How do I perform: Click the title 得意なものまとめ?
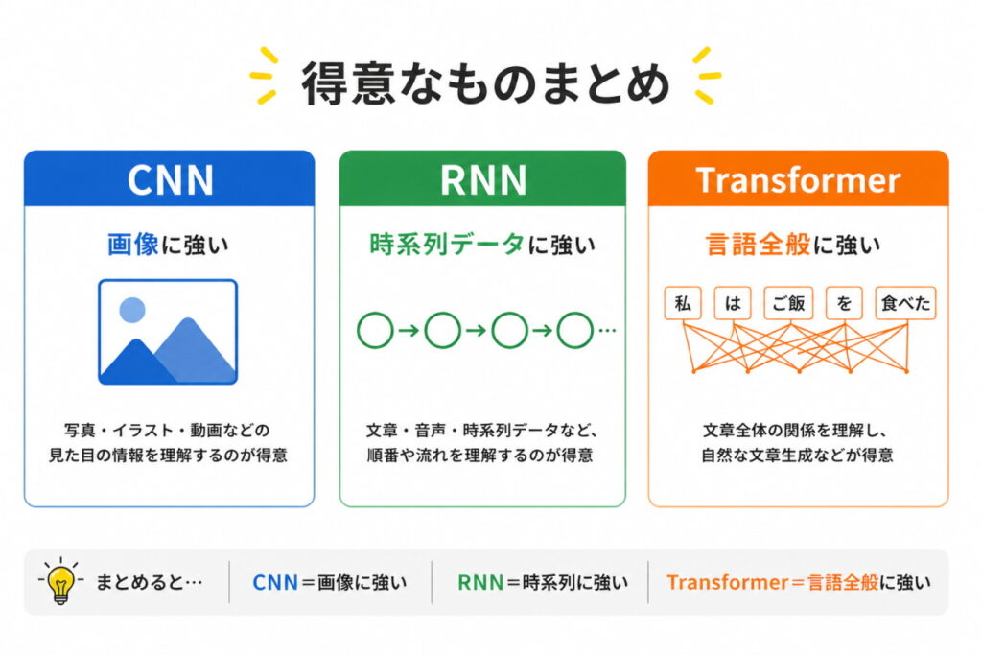coord(486,84)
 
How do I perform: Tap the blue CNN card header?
coord(169,179)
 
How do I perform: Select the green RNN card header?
coord(482,179)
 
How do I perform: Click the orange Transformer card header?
coord(798,179)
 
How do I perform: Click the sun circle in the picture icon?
coord(132,309)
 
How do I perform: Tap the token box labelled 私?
coord(683,304)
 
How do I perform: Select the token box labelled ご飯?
coord(789,304)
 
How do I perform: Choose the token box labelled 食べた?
coord(905,304)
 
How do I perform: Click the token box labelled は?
coord(734,304)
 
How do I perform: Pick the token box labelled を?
coord(845,304)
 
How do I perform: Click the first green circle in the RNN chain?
coord(374,331)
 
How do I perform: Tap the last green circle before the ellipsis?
coord(575,331)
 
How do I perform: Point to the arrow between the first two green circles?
coord(409,331)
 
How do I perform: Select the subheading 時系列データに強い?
coord(482,246)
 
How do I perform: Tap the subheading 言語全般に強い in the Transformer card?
coord(798,246)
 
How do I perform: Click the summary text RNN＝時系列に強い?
coord(543,582)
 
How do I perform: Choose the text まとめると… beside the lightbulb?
coord(149,582)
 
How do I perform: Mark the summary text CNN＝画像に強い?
coord(329,582)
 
